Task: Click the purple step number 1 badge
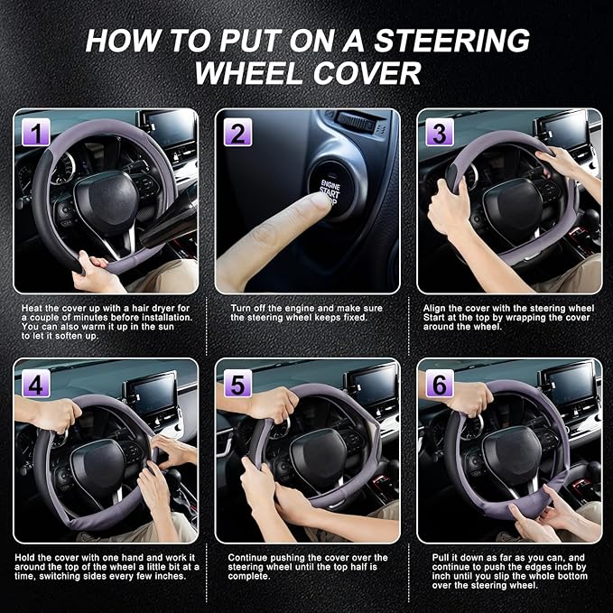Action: pyautogui.click(x=35, y=134)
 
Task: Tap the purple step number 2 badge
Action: pyautogui.click(x=237, y=134)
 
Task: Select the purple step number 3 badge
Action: pyautogui.click(x=440, y=134)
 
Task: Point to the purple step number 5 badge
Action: pyautogui.click(x=237, y=384)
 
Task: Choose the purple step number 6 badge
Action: pyautogui.click(x=440, y=384)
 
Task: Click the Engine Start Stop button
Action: pyautogui.click(x=331, y=187)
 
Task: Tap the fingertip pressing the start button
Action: pyautogui.click(x=318, y=205)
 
